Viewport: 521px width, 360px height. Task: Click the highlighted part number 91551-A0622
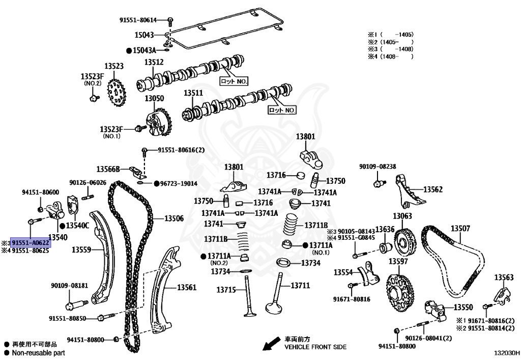click(31, 243)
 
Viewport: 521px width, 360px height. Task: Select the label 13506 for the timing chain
click(173, 218)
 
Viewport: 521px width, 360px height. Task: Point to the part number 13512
click(153, 62)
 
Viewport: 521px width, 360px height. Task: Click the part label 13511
click(193, 93)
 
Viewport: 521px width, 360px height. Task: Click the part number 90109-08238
click(377, 167)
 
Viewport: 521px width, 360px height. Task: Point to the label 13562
click(433, 189)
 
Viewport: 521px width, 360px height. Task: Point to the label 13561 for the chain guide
click(186, 288)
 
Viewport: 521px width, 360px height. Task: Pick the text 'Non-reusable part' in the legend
click(38, 352)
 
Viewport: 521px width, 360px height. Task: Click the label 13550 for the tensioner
click(463, 308)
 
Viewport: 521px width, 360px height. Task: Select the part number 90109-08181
click(69, 286)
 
